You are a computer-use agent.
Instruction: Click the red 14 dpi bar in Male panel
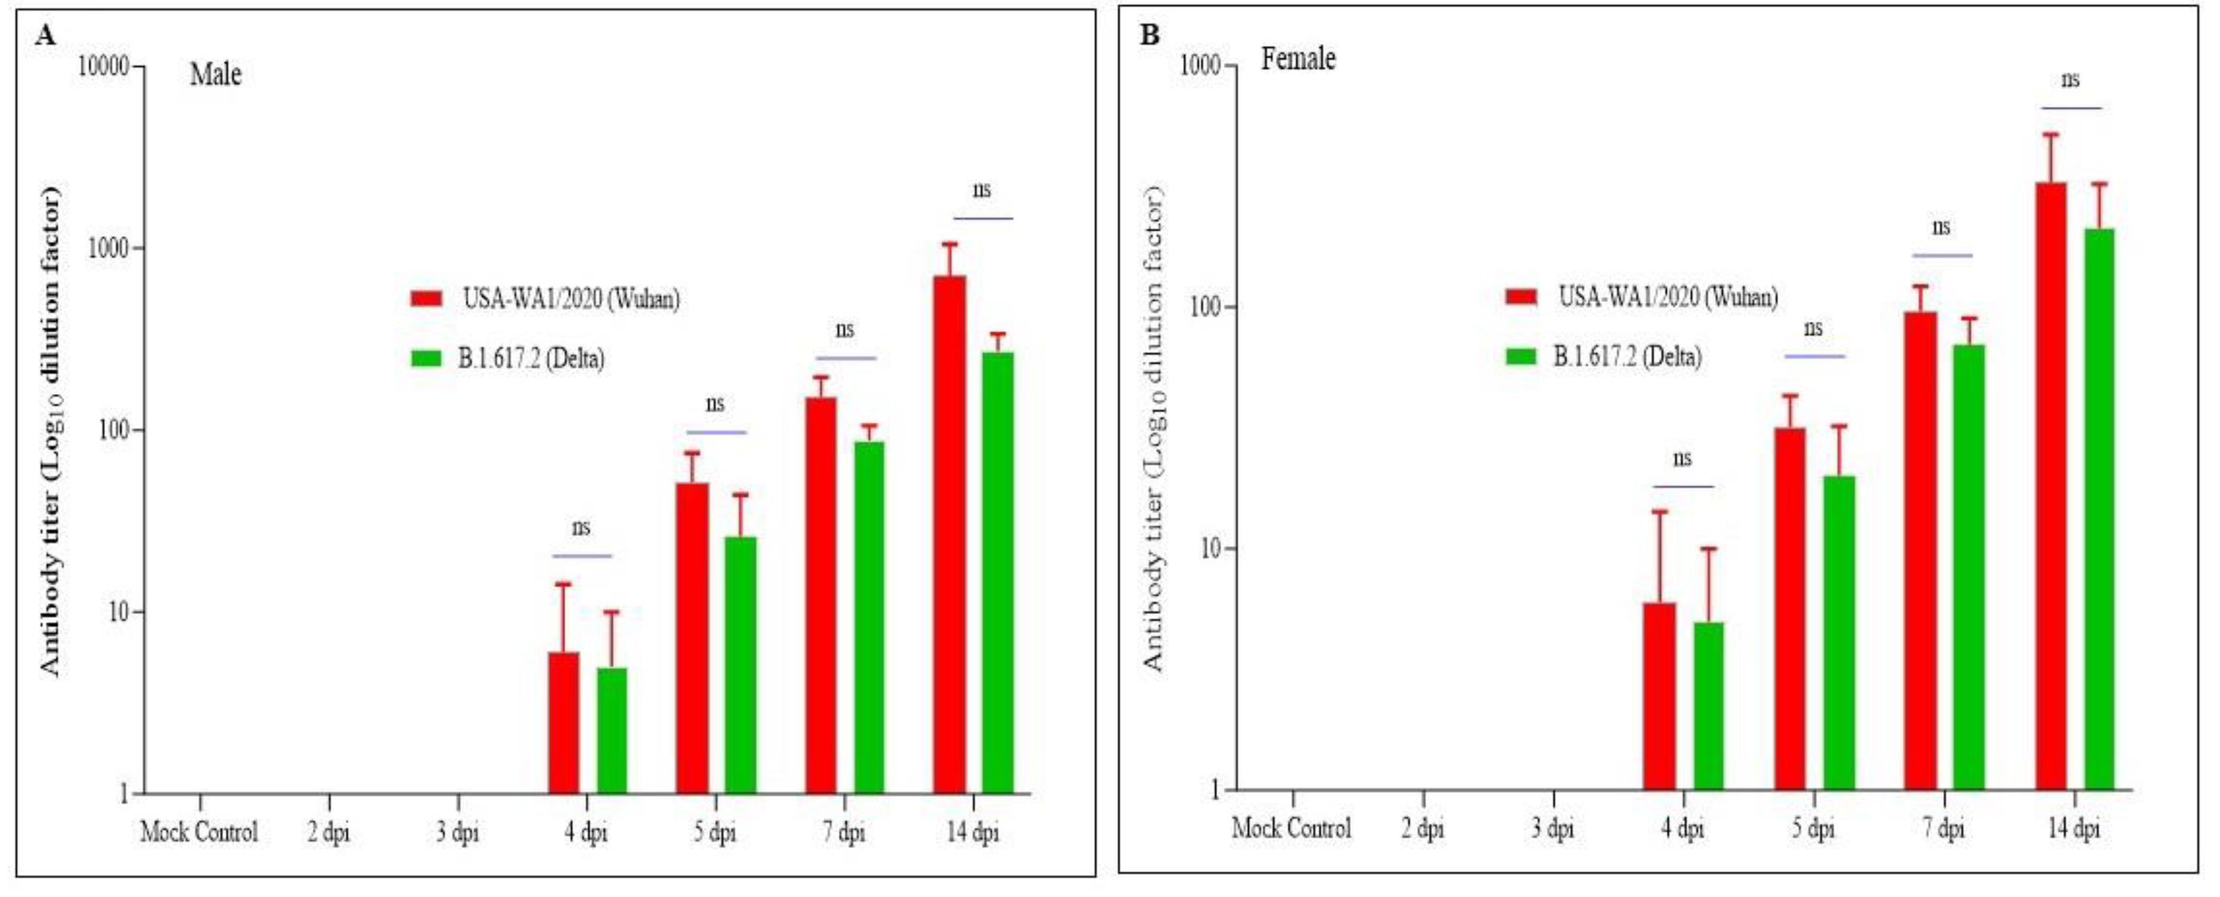[949, 534]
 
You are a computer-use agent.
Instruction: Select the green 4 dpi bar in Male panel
[612, 730]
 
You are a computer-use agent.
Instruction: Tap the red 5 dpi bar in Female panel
[1789, 608]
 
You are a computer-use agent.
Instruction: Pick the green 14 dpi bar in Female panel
[2098, 508]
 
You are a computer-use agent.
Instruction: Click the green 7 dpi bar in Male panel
[869, 617]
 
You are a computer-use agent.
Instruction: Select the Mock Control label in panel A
[199, 833]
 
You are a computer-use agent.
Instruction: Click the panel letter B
[1150, 35]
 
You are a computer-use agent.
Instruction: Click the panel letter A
[46, 35]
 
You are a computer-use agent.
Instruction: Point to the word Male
[215, 75]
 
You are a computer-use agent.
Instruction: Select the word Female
[1298, 60]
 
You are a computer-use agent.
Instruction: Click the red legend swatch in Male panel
[426, 298]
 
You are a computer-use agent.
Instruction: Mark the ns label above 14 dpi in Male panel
[981, 190]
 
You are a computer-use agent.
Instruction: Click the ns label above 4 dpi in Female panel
[1682, 458]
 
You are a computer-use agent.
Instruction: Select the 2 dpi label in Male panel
[328, 833]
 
